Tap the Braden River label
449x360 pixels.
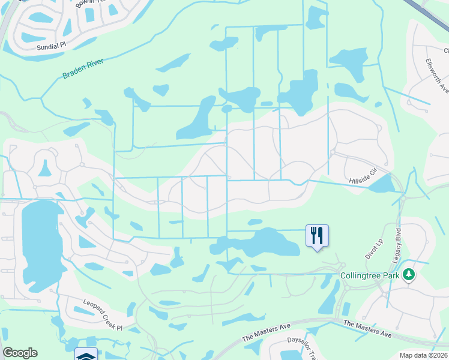point(83,68)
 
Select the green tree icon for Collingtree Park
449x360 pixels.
point(409,274)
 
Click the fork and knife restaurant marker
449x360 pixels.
point(317,235)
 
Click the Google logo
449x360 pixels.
point(20,353)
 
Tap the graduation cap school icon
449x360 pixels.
point(86,355)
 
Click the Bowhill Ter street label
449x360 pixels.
point(90,4)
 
